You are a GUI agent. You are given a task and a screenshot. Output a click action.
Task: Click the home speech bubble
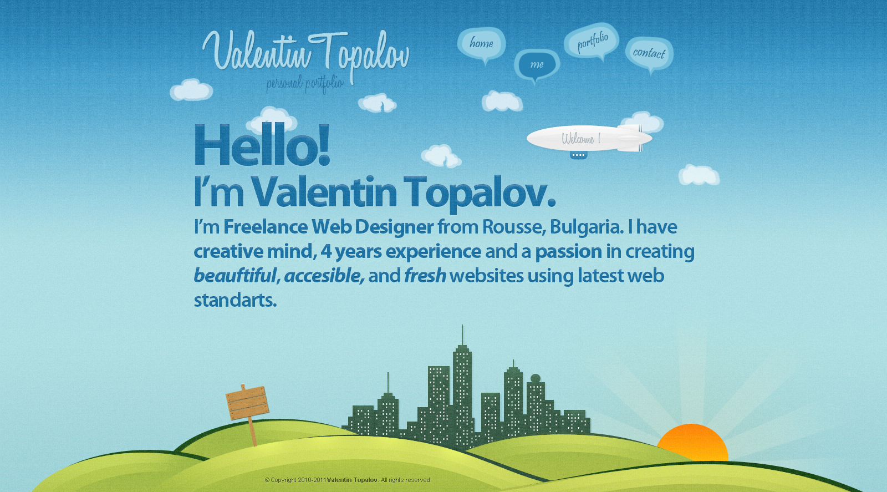click(x=482, y=44)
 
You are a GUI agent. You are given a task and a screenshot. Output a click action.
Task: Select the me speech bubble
click(x=537, y=64)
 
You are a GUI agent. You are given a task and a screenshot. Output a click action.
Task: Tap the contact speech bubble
click(x=649, y=54)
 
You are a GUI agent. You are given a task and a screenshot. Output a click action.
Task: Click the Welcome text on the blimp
click(x=581, y=139)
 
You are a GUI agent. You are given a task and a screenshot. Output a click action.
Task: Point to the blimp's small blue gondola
click(x=578, y=155)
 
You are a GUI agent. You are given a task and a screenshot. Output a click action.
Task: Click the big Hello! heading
click(x=262, y=145)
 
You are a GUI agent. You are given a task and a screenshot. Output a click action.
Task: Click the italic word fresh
click(x=425, y=276)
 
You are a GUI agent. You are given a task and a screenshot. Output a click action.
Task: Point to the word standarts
click(x=235, y=300)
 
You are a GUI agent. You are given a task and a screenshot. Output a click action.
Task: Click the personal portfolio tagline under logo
click(x=305, y=84)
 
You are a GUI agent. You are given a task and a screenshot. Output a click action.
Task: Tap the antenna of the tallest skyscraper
click(x=462, y=335)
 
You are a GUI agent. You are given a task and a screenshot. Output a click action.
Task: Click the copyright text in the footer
click(x=348, y=480)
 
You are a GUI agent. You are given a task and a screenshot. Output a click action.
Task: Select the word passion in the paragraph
click(x=568, y=252)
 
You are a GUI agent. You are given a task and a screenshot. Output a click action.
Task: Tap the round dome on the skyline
click(x=536, y=378)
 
